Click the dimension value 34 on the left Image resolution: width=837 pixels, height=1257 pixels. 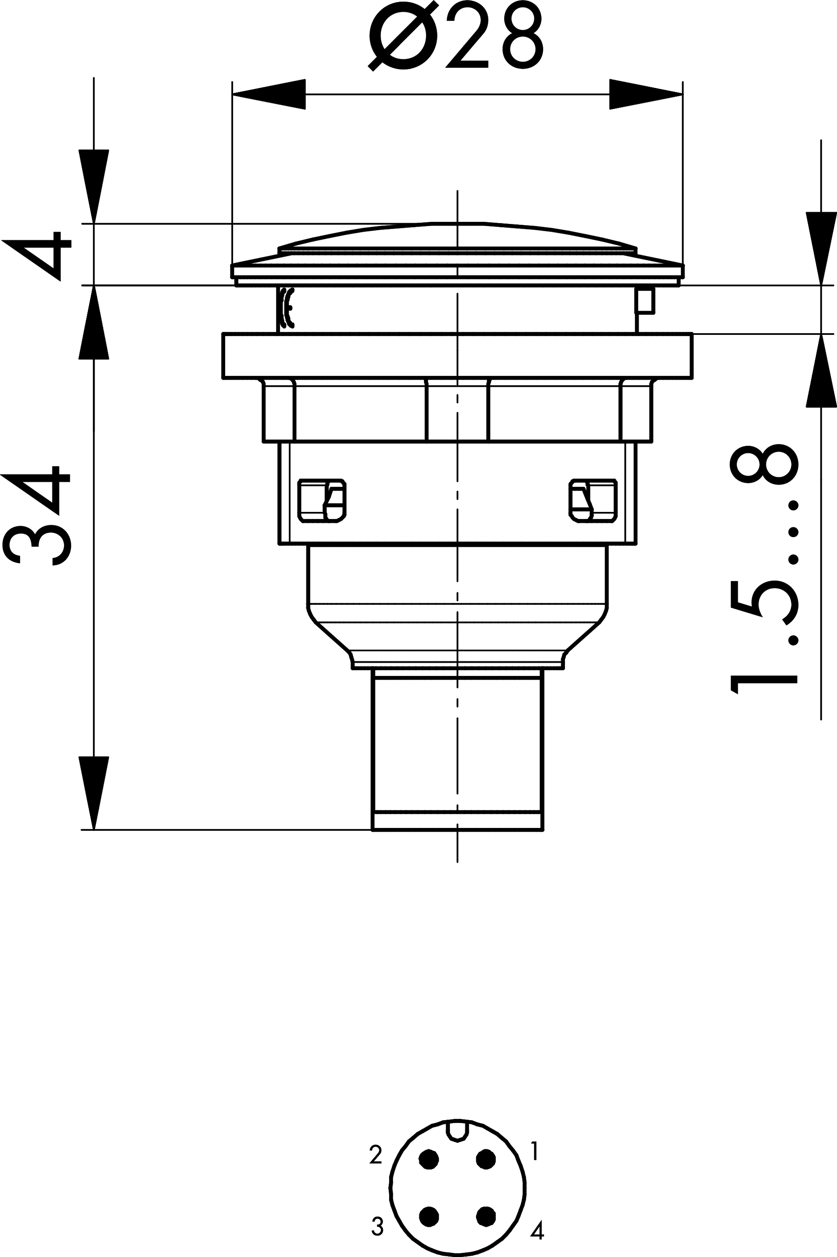coord(36,515)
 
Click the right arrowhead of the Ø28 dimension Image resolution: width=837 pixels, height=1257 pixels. coord(646,95)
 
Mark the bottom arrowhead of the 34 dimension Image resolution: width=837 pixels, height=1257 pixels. coord(94,793)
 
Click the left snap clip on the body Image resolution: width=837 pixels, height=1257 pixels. coord(322,501)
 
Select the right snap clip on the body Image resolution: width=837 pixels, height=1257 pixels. coord(593,501)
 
